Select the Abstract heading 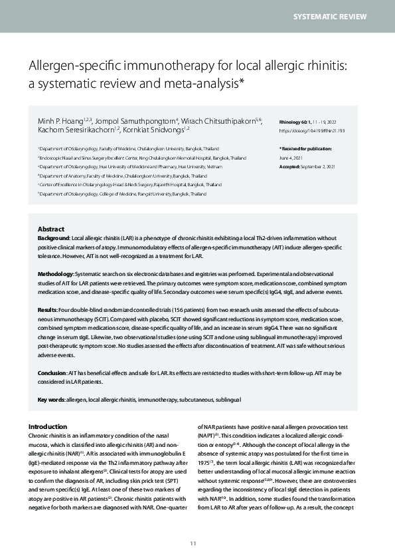coord(51,228)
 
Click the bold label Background coord(54,237)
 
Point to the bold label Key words coord(51,399)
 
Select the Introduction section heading coord(48,426)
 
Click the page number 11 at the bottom coord(193,543)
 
